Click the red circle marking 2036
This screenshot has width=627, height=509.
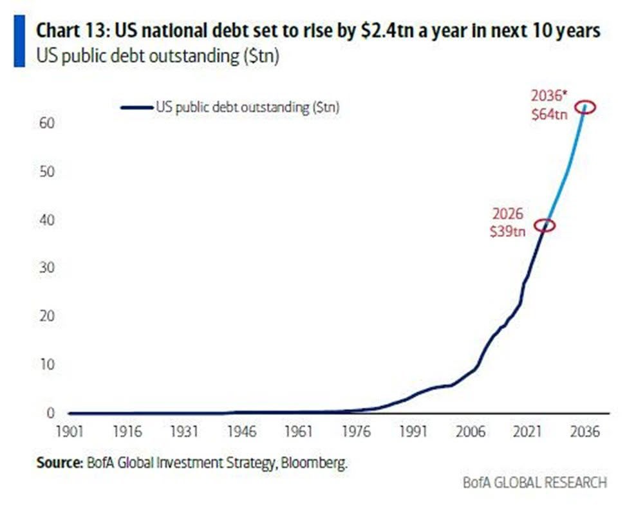point(585,107)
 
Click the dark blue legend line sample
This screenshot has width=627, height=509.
point(136,107)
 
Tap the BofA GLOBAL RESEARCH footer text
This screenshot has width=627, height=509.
point(534,483)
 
